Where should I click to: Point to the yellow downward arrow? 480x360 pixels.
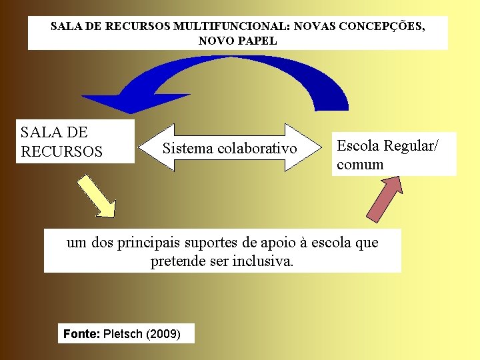coord(96,196)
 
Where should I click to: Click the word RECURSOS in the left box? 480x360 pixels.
coord(62,151)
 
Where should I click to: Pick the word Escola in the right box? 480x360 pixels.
coord(358,145)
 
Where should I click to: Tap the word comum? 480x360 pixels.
coord(360,164)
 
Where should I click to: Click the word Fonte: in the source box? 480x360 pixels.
coord(81,333)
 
